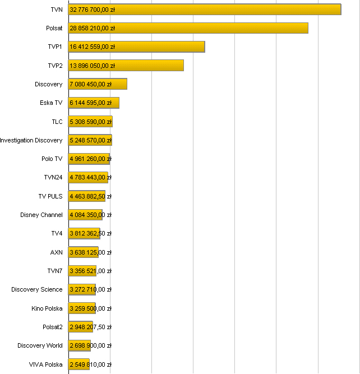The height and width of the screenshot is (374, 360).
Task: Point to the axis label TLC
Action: tap(57, 122)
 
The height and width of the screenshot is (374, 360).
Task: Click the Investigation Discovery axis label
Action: tap(31, 140)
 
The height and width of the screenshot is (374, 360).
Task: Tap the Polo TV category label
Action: tap(52, 159)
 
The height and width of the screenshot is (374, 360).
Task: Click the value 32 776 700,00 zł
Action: tap(93, 10)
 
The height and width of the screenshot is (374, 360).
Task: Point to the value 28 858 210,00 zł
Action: tap(93, 28)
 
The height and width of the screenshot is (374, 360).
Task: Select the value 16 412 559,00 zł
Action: tap(93, 47)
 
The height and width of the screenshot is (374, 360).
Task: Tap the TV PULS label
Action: tap(50, 196)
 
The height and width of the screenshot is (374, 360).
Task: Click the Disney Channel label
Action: tap(41, 215)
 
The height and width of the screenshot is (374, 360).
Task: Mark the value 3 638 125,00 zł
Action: tap(90, 252)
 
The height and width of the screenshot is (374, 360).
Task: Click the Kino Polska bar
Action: tap(82, 308)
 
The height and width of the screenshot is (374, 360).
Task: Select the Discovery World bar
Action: tap(80, 345)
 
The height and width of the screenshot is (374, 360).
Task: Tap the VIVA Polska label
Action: tap(46, 364)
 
